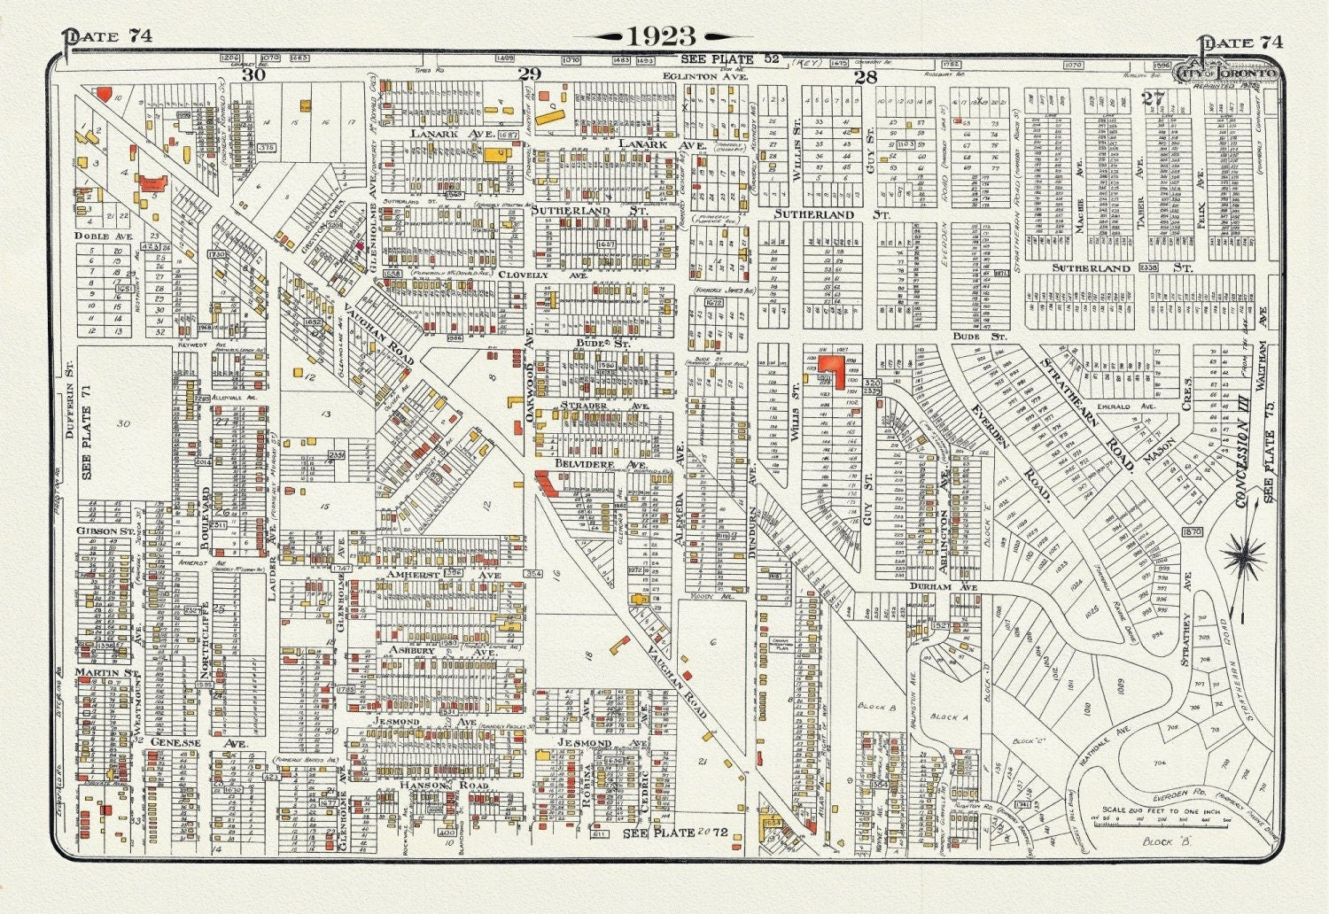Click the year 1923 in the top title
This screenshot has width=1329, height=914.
pyautogui.click(x=662, y=36)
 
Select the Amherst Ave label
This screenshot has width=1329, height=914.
pyautogui.click(x=431, y=574)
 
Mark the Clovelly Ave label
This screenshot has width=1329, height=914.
pyautogui.click(x=543, y=275)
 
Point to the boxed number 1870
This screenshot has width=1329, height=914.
pyautogui.click(x=1192, y=531)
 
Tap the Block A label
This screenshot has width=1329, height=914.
pyautogui.click(x=944, y=716)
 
